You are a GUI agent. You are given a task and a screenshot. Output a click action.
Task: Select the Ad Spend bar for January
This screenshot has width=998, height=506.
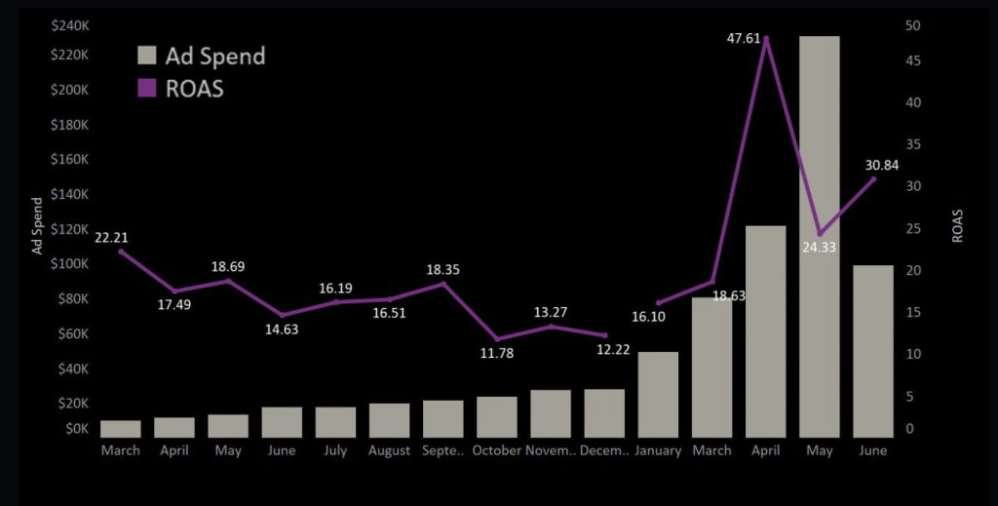[x=658, y=394]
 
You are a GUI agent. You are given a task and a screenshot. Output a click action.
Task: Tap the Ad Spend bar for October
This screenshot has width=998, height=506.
[x=497, y=416]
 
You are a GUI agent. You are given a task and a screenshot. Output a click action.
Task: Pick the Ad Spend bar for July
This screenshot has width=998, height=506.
[x=335, y=421]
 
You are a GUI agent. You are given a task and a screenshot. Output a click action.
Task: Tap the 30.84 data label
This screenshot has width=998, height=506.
[x=884, y=165]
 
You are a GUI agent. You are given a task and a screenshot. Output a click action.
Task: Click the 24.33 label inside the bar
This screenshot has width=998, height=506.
[x=820, y=247]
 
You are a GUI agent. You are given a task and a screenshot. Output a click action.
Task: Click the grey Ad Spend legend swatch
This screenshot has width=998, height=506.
[x=146, y=56]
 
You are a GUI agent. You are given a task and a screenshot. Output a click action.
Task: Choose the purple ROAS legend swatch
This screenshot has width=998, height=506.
[x=146, y=88]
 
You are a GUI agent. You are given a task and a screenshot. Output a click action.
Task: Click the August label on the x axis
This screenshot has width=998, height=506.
[x=389, y=450]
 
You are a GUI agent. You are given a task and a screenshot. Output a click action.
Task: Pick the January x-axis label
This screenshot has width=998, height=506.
[x=658, y=450]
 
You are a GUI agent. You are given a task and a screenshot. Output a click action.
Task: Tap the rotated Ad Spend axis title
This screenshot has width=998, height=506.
[x=38, y=225]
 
